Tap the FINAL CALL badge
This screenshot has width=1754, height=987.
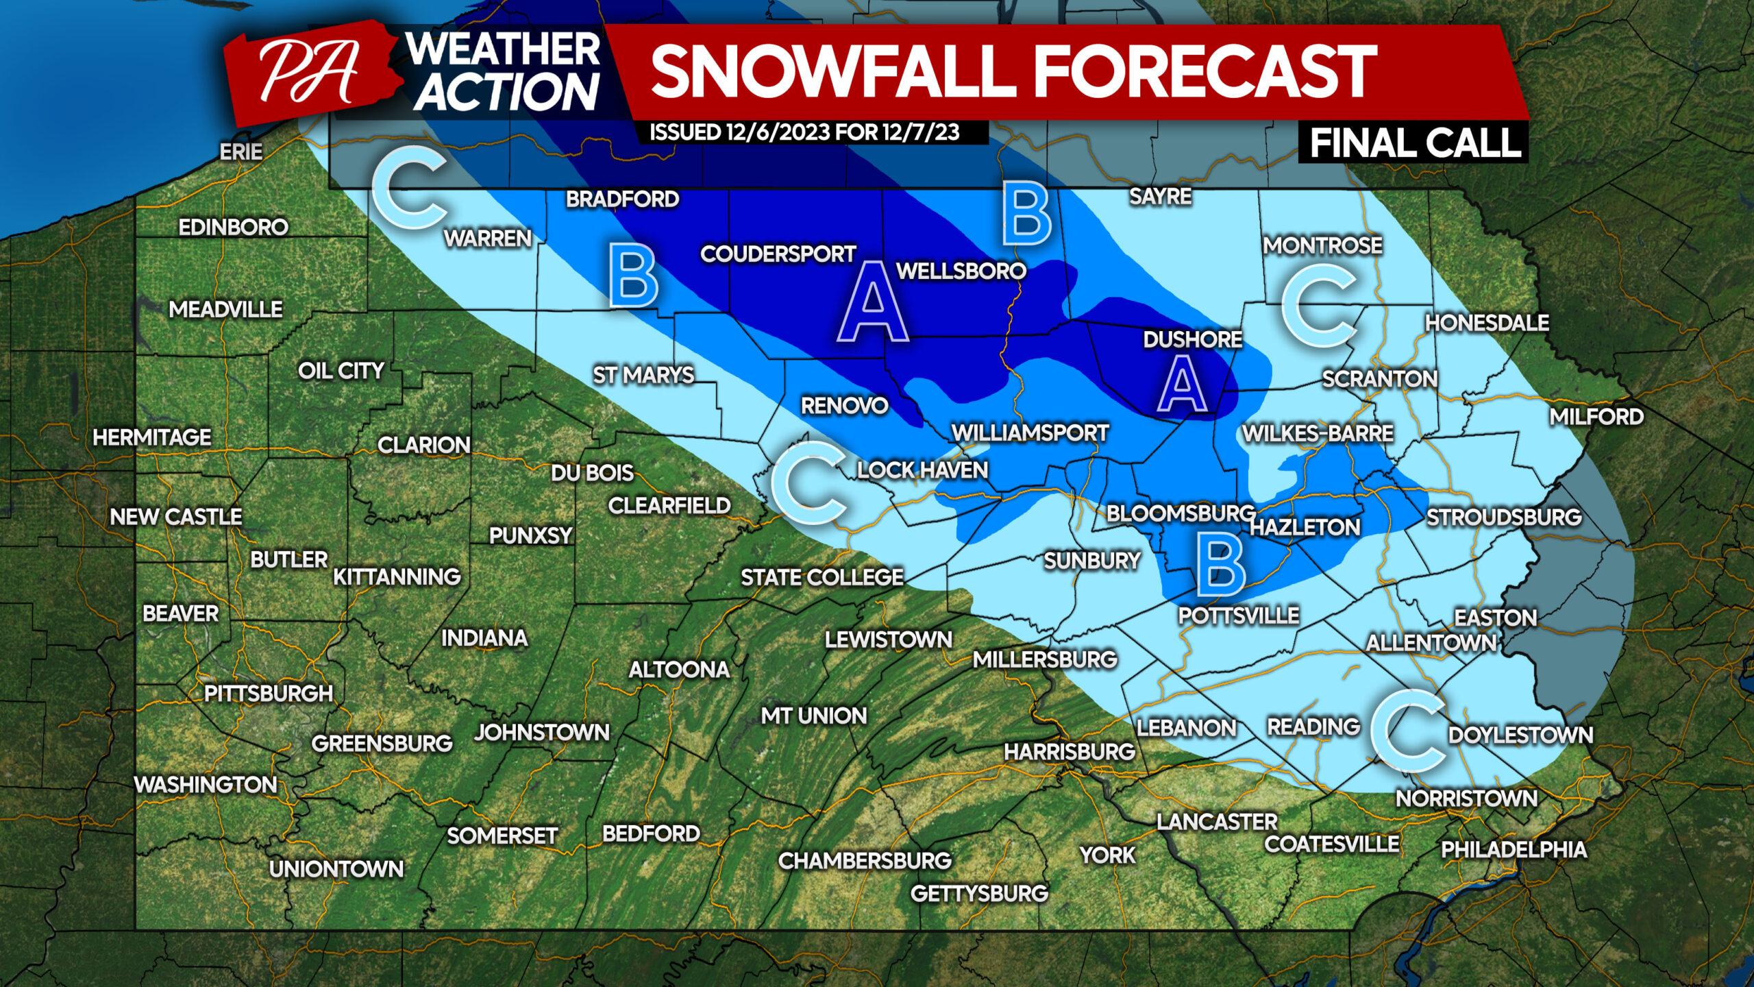pyautogui.click(x=1415, y=143)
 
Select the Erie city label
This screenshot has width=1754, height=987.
pyautogui.click(x=241, y=151)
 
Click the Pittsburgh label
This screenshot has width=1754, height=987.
pyautogui.click(x=269, y=694)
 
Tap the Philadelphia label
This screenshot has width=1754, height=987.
pyautogui.click(x=1514, y=849)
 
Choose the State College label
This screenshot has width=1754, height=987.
pyautogui.click(x=822, y=577)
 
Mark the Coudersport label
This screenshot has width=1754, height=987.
pyautogui.click(x=778, y=254)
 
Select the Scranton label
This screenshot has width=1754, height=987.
pyautogui.click(x=1379, y=379)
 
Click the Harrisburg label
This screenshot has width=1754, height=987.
pyautogui.click(x=1070, y=751)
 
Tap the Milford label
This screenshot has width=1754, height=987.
pyautogui.click(x=1596, y=416)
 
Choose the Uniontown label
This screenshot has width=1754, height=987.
pyautogui.click(x=336, y=869)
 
